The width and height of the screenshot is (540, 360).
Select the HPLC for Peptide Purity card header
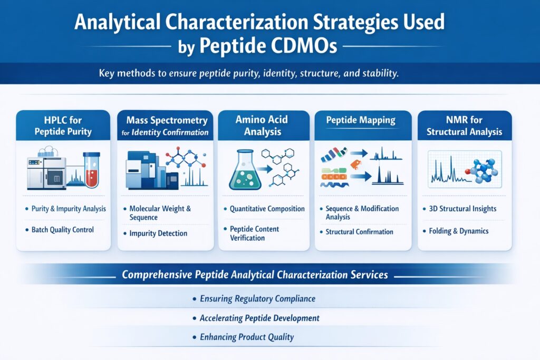[63, 125]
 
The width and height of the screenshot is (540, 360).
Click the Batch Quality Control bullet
[63, 229]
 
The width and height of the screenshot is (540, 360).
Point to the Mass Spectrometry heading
[165, 121]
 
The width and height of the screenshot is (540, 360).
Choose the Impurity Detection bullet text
[158, 233]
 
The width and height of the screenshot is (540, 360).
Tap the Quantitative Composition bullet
[267, 209]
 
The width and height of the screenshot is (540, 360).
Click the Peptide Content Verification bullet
[254, 233]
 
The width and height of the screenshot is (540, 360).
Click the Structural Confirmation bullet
[359, 231]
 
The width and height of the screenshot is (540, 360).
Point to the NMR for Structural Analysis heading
[465, 125]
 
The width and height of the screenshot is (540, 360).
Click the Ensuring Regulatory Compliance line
[257, 299]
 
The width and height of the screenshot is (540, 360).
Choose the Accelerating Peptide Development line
[259, 318]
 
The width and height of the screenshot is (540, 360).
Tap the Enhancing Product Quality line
[246, 337]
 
